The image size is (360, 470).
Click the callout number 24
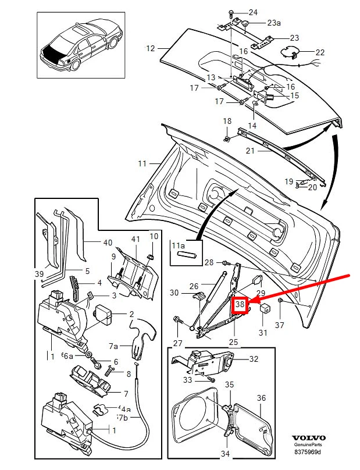[252, 12]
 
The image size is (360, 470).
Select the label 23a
[273, 23]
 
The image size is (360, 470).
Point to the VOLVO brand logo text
[308, 438]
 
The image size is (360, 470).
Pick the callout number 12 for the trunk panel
[151, 49]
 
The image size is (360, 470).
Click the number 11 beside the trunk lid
[142, 164]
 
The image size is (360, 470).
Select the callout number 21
[266, 151]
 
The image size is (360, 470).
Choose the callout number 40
[107, 243]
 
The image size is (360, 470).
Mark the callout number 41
[136, 239]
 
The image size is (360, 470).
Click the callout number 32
[254, 359]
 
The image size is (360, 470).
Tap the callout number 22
[320, 52]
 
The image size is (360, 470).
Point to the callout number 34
[224, 454]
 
